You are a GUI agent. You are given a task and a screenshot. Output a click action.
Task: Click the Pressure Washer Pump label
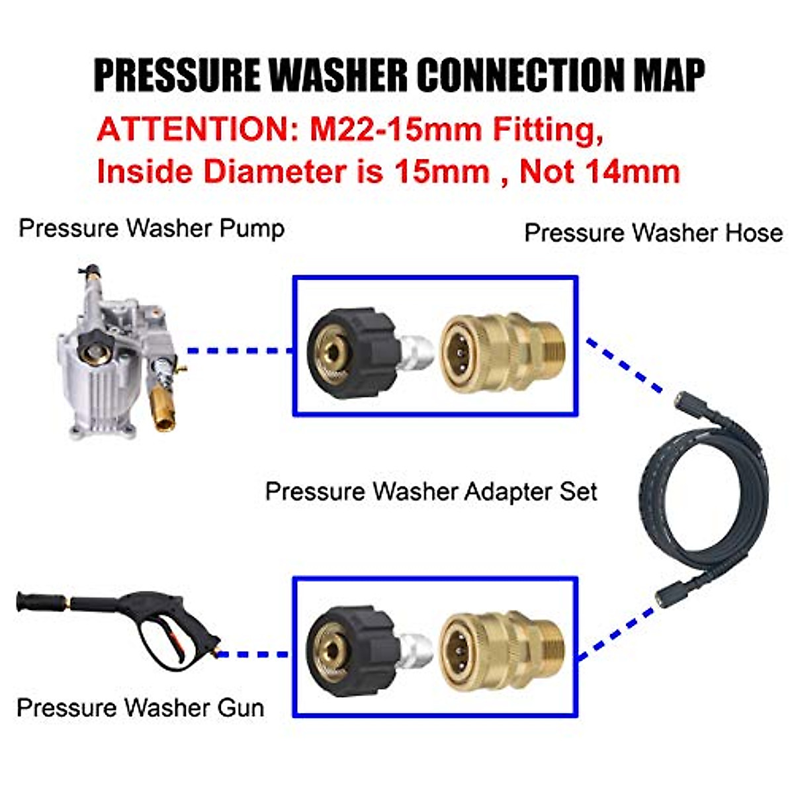152,228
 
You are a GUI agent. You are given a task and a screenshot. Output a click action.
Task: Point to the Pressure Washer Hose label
653,233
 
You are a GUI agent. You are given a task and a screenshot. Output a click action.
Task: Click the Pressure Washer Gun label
140,707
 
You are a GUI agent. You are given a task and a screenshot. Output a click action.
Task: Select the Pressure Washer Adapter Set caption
431,492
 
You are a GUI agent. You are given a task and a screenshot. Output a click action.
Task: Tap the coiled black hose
705,503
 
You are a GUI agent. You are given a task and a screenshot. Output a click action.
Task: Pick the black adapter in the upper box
354,354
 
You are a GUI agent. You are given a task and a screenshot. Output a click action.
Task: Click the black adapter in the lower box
354,652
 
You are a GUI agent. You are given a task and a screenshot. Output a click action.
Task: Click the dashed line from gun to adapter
255,654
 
